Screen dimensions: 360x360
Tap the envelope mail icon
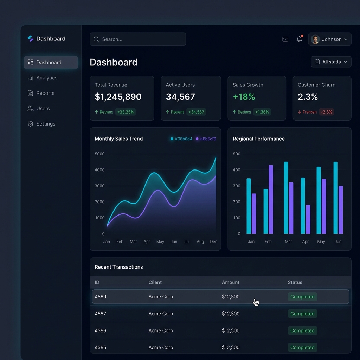(285, 39)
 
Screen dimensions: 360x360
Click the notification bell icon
(299, 39)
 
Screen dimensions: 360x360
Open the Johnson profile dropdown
(329, 39)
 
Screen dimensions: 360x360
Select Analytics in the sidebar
(46, 78)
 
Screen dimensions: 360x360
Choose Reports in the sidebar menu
(45, 93)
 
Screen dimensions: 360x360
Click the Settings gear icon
(31, 124)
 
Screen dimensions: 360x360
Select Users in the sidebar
(43, 108)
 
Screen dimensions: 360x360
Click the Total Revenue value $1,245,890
(118, 97)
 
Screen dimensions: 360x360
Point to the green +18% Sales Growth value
(244, 97)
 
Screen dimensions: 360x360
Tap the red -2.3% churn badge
(326, 112)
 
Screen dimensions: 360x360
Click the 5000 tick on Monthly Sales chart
(100, 154)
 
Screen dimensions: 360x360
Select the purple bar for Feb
(271, 199)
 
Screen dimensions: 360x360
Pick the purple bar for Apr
(308, 219)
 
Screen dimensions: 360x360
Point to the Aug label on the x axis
(200, 242)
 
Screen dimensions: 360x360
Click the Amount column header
(230, 282)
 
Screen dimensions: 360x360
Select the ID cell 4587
(101, 314)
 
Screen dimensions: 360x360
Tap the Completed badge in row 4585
(302, 347)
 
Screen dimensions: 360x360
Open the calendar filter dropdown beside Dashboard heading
(331, 62)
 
